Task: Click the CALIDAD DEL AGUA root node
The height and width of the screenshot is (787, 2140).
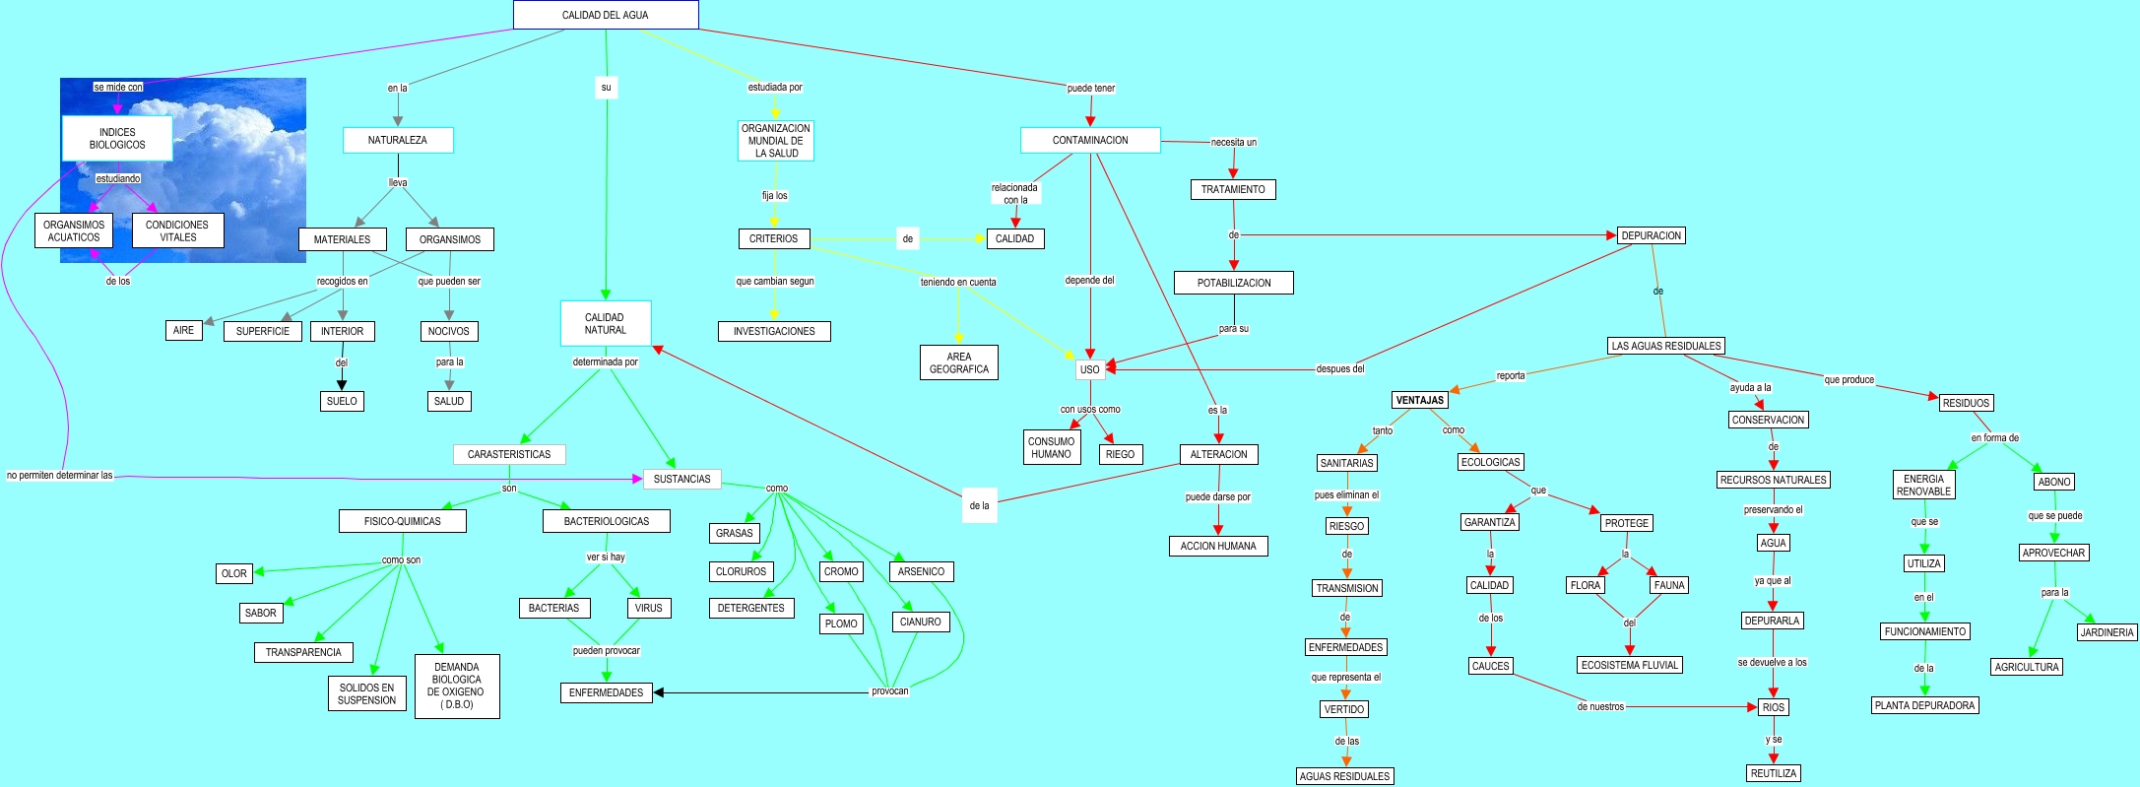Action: click(605, 15)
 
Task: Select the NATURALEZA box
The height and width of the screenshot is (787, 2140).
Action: click(398, 140)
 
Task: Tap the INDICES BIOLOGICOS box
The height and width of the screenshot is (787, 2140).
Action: click(117, 138)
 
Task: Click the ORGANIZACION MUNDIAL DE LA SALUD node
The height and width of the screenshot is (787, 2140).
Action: click(776, 141)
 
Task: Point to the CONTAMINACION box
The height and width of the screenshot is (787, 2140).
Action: click(1090, 140)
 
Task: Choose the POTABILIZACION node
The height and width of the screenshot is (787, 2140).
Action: click(1233, 283)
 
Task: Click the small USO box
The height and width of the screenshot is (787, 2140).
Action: click(1089, 369)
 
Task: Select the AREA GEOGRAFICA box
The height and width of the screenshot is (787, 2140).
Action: click(958, 362)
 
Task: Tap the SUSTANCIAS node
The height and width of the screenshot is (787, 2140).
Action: click(681, 479)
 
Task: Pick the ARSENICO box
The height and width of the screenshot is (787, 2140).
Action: click(921, 571)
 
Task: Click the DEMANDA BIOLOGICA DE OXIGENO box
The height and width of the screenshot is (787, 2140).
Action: click(457, 686)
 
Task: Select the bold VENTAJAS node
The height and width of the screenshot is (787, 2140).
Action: click(1419, 400)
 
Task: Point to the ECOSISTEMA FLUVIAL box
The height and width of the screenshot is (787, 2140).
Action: click(1629, 665)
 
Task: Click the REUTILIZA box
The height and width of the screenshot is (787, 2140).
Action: click(1773, 773)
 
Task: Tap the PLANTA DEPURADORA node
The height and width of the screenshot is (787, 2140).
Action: click(1924, 705)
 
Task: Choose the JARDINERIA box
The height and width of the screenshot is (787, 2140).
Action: click(2107, 632)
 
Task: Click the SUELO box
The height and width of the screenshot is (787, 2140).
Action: click(342, 401)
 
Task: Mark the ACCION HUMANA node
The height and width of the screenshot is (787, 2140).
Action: click(1218, 546)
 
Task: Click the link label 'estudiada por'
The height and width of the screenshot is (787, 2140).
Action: click(775, 87)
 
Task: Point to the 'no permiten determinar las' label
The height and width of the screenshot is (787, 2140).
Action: click(60, 475)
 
